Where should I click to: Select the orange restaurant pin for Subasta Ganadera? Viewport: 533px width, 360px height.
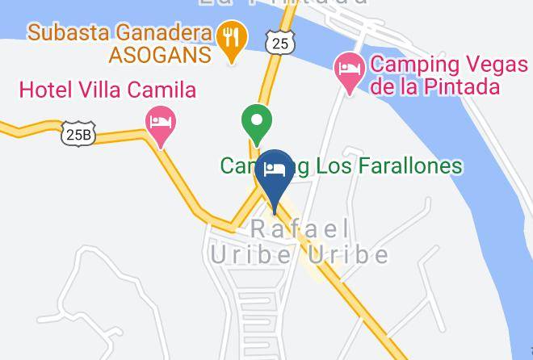231,40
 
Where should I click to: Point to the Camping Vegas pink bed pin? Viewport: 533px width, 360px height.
350,70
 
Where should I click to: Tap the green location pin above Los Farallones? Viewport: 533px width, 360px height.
257,125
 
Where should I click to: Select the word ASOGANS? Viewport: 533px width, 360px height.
162,55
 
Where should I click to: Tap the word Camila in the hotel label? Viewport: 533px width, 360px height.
165,90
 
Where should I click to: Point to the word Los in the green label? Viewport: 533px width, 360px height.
322,166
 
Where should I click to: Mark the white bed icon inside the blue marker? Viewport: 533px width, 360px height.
275,170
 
